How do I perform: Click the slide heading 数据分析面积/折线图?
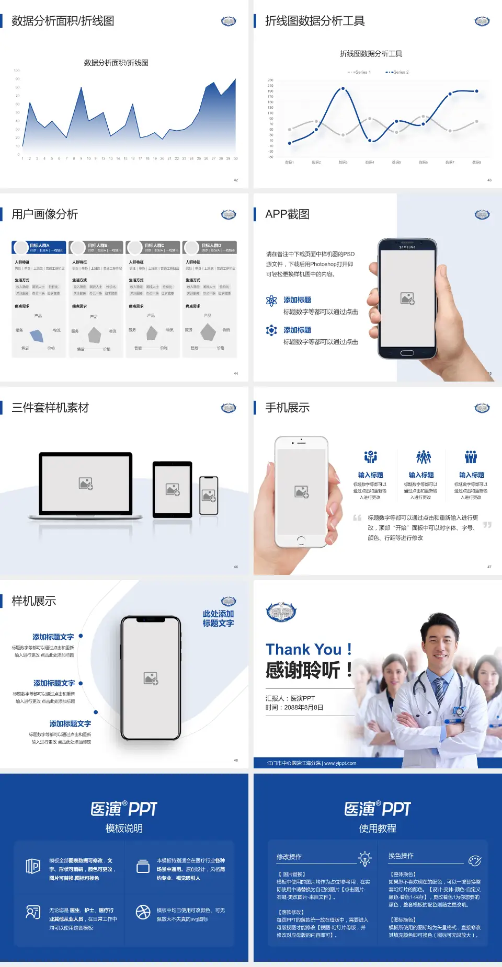coord(63,21)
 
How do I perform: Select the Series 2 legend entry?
coord(398,72)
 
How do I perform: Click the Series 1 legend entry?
coord(359,72)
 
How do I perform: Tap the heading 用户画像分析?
coord(45,214)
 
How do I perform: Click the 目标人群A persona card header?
coord(39,247)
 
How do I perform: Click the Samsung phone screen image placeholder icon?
coord(407,298)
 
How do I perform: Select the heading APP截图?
coord(287,214)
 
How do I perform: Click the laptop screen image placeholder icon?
coord(86,483)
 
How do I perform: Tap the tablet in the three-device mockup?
coord(173,490)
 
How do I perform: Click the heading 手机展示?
coord(287,408)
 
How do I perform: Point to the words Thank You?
coord(303,650)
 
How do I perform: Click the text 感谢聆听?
coord(303,670)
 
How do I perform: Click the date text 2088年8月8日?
coord(303,708)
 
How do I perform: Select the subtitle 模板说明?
coord(124,828)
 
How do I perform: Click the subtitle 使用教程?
coord(378,828)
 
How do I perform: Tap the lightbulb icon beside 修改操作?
coord(364,858)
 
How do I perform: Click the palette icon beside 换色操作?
coord(475,861)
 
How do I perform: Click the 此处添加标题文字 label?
coord(218,618)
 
